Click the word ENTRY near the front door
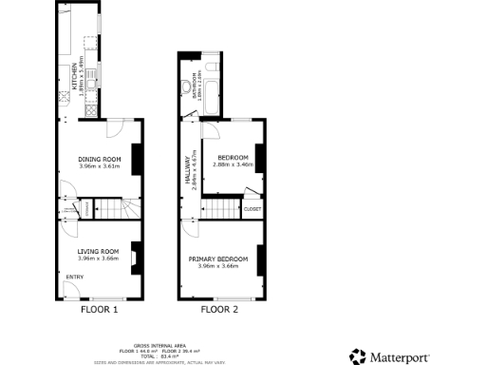pos(73,277)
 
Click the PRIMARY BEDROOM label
pos(218,259)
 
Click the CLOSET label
pos(252,208)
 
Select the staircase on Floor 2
pos(222,208)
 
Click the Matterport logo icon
pos(357,355)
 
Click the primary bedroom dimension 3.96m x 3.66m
pos(218,266)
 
